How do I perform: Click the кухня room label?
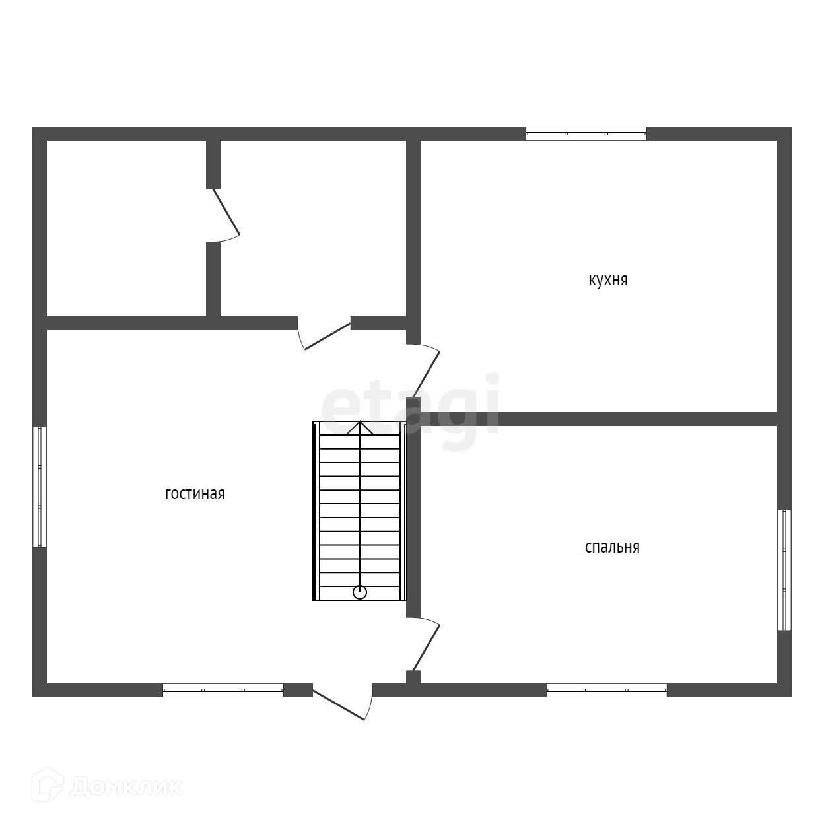click(607, 281)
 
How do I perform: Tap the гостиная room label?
click(195, 494)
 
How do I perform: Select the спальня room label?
click(612, 547)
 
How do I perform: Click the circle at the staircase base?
click(360, 592)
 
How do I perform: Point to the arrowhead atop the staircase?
click(360, 428)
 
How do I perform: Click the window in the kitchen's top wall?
click(586, 133)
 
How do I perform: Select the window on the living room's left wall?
click(40, 487)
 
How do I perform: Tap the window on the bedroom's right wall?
click(784, 570)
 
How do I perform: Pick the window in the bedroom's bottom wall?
click(606, 690)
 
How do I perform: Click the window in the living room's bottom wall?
click(223, 690)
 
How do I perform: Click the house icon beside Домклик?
click(48, 796)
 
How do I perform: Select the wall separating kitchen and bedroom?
click(599, 419)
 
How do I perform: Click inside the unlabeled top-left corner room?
click(126, 228)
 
